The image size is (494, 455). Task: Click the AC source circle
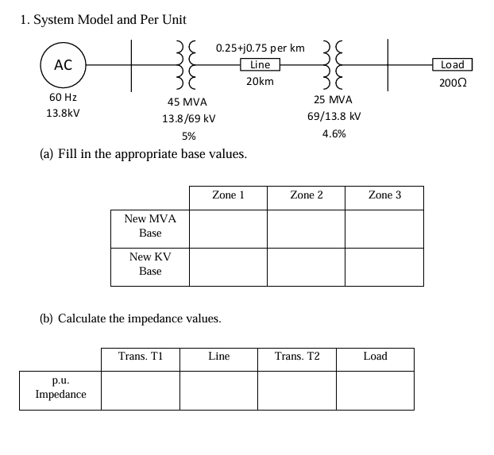pos(64,66)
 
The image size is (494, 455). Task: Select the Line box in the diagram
pos(260,65)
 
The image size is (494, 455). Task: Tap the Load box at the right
pos(453,65)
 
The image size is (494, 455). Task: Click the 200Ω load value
pos(453,83)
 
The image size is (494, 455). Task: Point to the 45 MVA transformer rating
pos(187,102)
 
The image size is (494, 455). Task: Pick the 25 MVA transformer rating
pos(334,100)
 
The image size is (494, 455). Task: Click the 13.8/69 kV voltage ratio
pos(189,118)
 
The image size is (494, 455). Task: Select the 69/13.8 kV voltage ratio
pos(334,116)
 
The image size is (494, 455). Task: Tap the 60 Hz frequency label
pos(63,97)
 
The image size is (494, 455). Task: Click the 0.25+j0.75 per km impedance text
pos(260,48)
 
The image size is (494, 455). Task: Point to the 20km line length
pos(260,82)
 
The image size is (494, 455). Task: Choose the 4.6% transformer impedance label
pos(334,134)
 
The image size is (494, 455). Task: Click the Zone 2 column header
pos(307,195)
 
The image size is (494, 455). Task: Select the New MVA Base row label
pos(150,226)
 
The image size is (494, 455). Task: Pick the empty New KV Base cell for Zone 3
pos(384,267)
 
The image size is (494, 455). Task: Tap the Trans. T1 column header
pos(141,357)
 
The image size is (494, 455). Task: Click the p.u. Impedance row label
pos(60,388)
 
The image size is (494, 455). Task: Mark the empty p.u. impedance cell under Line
pos(219,390)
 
